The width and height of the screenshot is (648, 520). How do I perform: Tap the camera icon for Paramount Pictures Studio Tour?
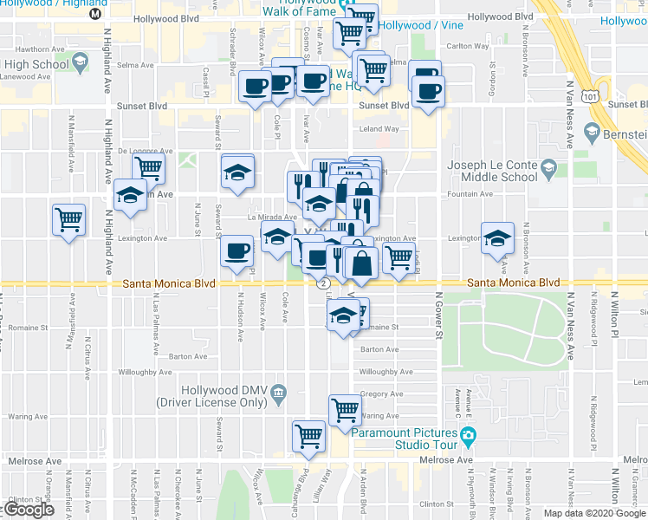(468, 434)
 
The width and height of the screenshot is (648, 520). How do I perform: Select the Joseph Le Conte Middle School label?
(490, 171)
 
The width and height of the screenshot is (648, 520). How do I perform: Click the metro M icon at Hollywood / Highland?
(96, 13)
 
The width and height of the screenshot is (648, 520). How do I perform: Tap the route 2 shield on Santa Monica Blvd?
(323, 283)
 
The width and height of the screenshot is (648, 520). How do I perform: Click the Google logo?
(29, 510)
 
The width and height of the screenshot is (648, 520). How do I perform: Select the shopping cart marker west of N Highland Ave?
(68, 218)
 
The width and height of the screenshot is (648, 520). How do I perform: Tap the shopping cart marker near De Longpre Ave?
(149, 166)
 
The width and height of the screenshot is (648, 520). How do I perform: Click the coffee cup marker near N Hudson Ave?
(237, 251)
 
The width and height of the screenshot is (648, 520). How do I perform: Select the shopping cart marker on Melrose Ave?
(309, 436)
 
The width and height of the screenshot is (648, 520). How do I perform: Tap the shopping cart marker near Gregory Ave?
(345, 409)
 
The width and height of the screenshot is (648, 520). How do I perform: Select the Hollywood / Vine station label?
(411, 26)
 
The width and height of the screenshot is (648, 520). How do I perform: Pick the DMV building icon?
(278, 393)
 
